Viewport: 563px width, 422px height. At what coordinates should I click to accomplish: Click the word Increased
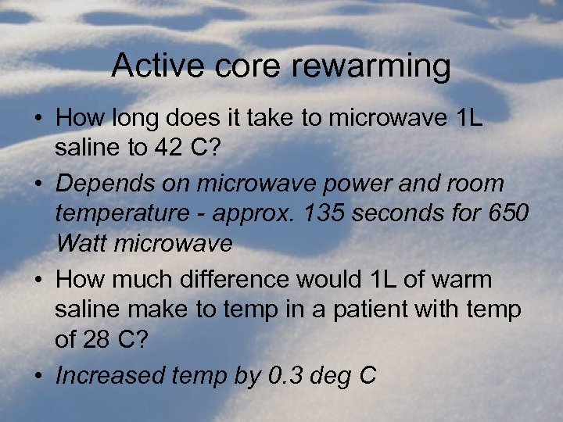click(117, 376)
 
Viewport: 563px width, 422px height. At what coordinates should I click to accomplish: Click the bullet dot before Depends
click(38, 184)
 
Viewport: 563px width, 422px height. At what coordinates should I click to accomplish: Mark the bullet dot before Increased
click(38, 376)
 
